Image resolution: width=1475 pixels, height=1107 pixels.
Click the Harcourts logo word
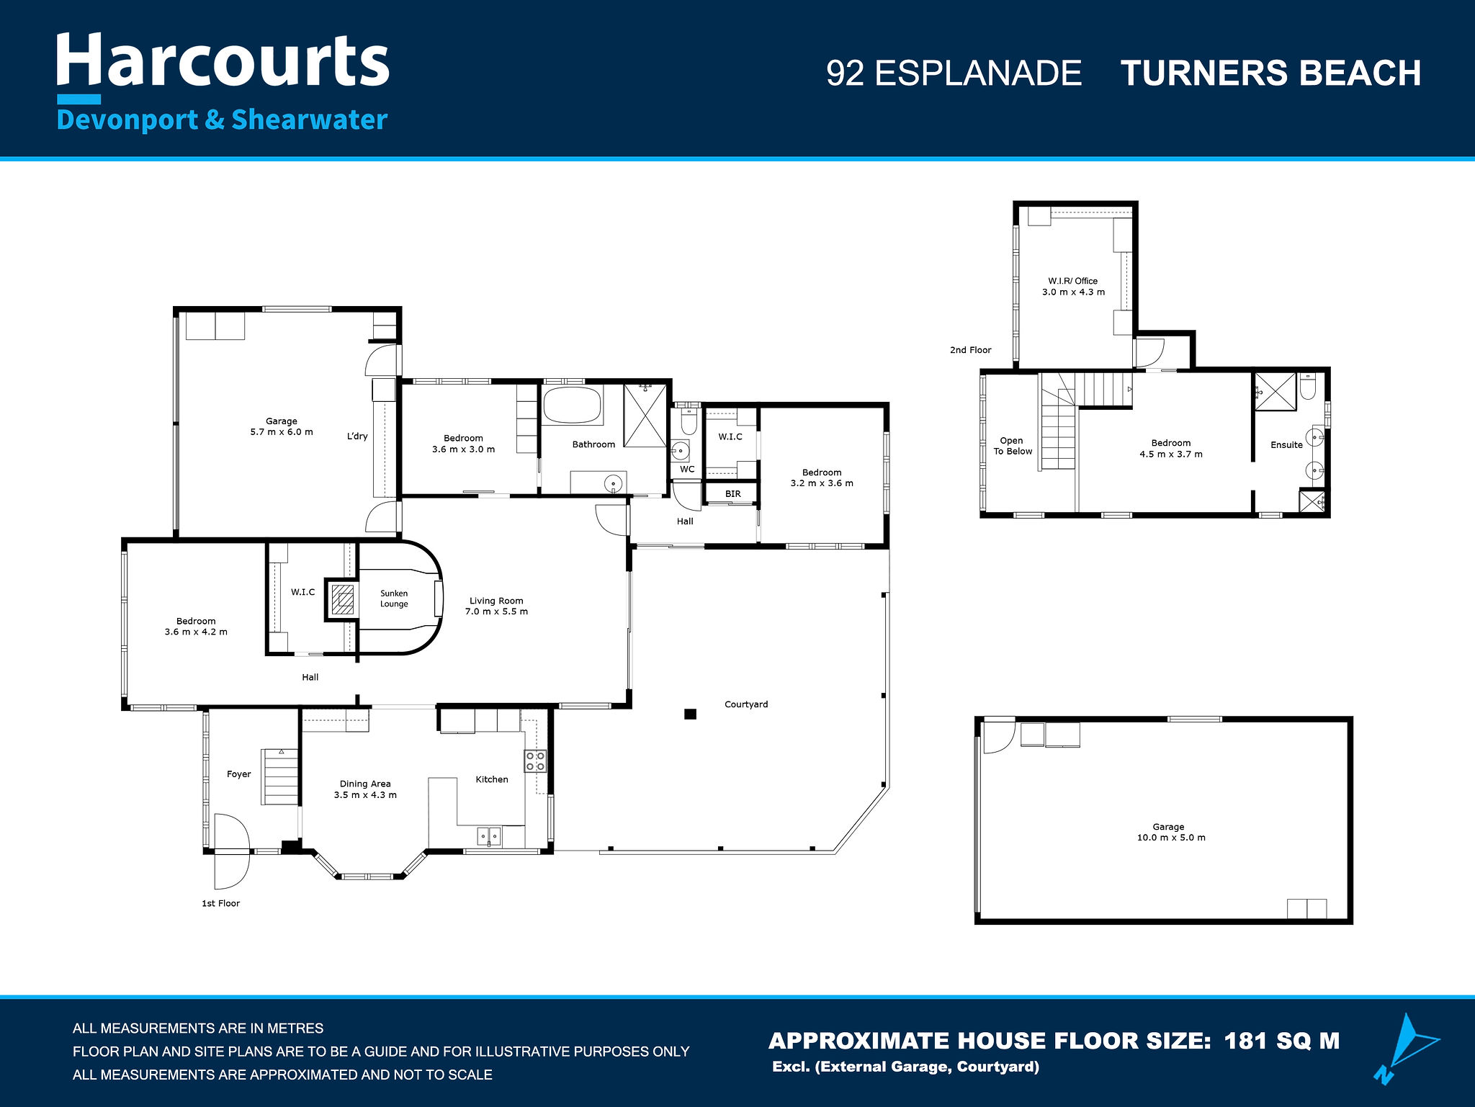coord(223,61)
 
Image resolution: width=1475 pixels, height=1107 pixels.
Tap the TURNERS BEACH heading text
coord(1271,73)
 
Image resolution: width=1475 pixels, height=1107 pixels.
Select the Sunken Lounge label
coord(394,599)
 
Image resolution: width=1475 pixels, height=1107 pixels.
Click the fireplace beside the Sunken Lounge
coord(343,599)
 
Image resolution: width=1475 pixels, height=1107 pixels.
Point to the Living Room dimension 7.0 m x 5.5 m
coord(496,611)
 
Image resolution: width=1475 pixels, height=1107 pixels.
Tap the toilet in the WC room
coord(689,421)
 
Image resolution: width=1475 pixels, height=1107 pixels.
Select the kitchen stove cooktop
coord(535,761)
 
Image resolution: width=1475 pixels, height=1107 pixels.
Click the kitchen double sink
coord(490,837)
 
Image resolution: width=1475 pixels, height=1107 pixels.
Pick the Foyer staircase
coord(281,776)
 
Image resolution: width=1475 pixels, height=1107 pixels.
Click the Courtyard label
coord(746,704)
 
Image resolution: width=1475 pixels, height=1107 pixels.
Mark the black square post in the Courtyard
coord(690,714)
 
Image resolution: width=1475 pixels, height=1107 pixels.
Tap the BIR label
coord(733,494)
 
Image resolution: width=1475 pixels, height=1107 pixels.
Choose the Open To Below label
coord(1013,446)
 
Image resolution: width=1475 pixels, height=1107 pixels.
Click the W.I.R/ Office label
coord(1073,281)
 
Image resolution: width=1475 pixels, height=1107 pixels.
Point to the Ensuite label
coord(1286,445)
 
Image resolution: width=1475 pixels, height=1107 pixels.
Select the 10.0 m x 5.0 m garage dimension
coord(1171,838)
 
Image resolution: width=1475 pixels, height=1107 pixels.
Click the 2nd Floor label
coord(970,350)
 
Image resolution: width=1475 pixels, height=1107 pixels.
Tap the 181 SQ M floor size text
coord(1282,1041)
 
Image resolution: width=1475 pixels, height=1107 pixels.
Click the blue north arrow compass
coord(1404,1048)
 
